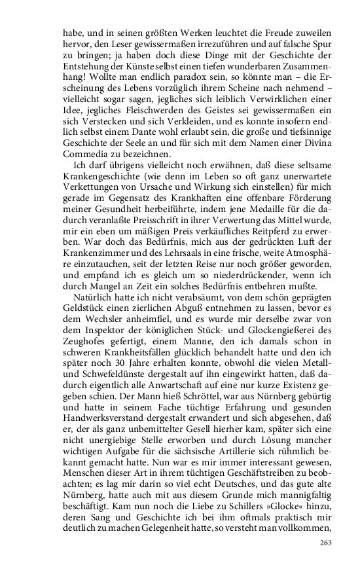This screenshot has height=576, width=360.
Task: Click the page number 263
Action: [326, 543]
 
